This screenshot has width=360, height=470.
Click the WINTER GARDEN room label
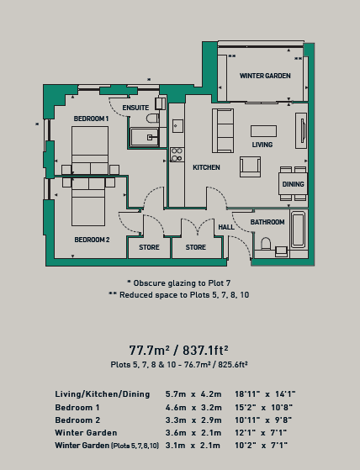[x=265, y=76]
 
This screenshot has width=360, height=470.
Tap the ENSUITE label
[x=135, y=108]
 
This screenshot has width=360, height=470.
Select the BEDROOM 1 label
[x=91, y=119]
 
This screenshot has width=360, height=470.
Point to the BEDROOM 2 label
[x=92, y=240]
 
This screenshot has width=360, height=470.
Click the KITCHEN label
[x=206, y=167]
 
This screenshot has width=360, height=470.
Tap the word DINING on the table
[x=294, y=184]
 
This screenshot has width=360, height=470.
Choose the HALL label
[x=226, y=227]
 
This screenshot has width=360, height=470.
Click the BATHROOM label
[x=267, y=222]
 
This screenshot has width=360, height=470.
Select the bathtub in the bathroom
[x=299, y=230]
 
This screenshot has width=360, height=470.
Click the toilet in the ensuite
[x=153, y=118]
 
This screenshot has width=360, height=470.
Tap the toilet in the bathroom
[x=266, y=243]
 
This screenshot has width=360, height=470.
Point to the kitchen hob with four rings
[x=177, y=155]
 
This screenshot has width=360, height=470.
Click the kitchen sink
[x=177, y=126]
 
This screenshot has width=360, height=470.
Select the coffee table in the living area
[x=263, y=131]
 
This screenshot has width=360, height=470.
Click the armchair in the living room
[x=250, y=166]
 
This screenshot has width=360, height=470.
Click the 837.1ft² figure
[x=205, y=350]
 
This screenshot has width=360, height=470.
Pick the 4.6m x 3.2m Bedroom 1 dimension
[x=193, y=408]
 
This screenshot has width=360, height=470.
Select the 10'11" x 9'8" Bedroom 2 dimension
[x=263, y=420]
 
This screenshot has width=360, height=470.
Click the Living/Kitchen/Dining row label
[x=103, y=394]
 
